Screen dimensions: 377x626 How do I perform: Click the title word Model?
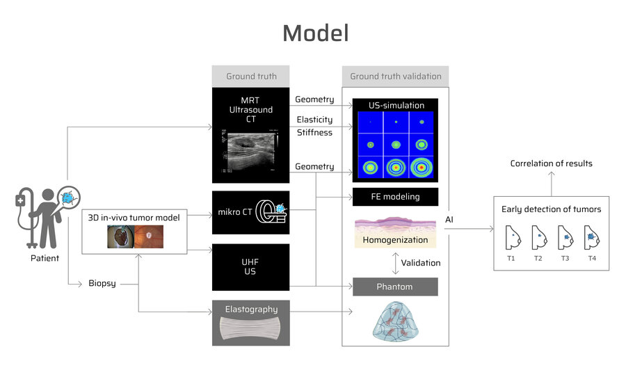coord(315,33)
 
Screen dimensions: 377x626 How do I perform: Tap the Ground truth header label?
coord(251,77)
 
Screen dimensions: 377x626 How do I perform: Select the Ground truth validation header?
coord(395,77)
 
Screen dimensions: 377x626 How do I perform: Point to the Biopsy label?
coord(102,283)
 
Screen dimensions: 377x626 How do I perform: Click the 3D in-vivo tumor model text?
coord(134,218)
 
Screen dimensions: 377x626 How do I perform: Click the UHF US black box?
coord(250,267)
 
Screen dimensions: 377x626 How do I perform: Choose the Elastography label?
coord(250,310)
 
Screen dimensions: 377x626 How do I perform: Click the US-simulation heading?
coord(395,106)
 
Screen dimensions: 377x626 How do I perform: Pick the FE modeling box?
coord(395,197)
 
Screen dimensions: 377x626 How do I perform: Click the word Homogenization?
coord(394,240)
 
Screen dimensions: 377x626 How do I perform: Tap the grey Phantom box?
coord(395,287)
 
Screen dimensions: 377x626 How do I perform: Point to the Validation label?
coord(422,263)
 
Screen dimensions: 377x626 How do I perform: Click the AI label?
coord(450,220)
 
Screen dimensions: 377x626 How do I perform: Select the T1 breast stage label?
coord(511,258)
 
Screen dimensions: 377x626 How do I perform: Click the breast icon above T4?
coord(591,237)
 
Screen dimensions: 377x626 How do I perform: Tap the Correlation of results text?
coord(552,164)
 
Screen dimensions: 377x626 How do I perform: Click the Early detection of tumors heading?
coord(551,209)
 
